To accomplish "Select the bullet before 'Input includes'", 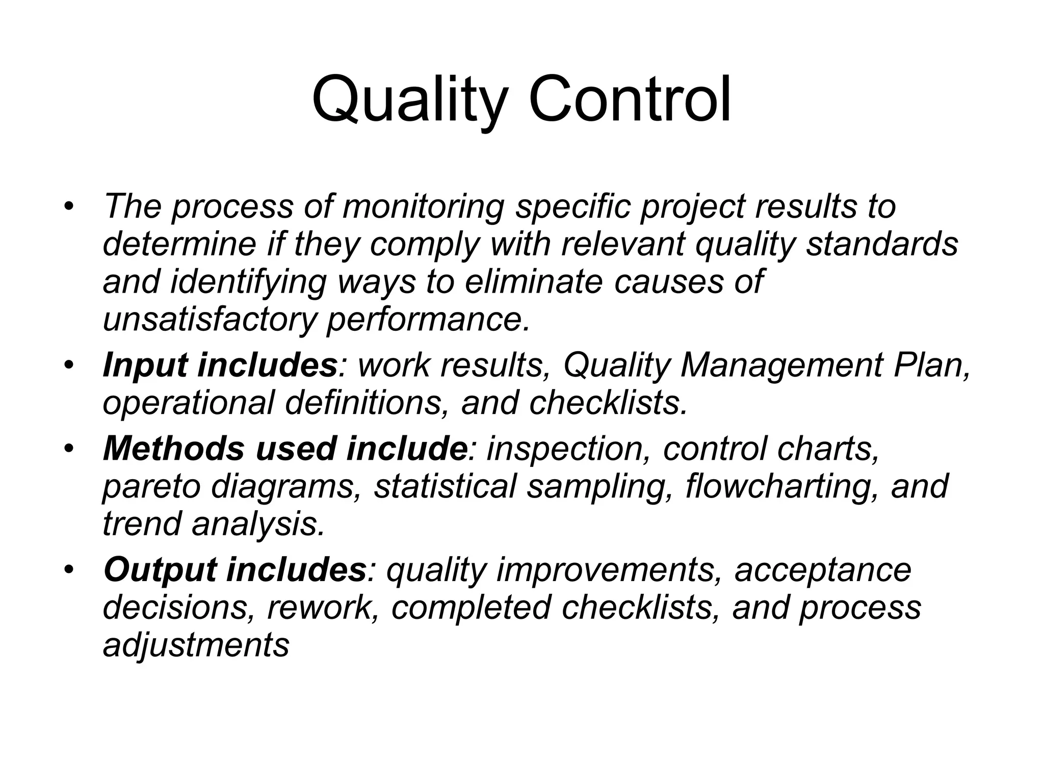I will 69,366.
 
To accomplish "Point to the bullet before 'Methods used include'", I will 69,449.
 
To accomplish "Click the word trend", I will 142,525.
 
